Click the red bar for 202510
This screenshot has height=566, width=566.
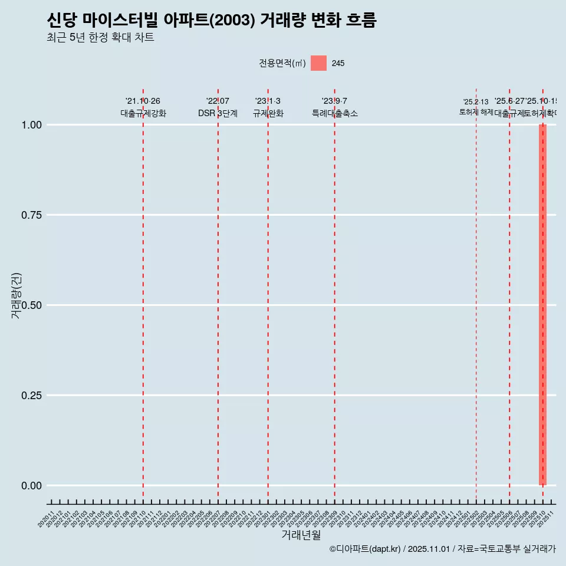[x=542, y=305]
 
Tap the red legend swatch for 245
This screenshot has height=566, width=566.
[x=318, y=63]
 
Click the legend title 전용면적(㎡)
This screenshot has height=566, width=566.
[x=282, y=63]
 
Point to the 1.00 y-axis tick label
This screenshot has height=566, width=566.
[x=31, y=125]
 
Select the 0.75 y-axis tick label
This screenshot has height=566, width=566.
[x=31, y=215]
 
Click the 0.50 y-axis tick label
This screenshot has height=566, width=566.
[x=31, y=305]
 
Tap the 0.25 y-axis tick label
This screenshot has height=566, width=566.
[x=31, y=396]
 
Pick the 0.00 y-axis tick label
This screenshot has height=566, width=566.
[x=31, y=486]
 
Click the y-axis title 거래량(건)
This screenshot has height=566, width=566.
[x=17, y=295]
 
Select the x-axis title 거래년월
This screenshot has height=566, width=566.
[x=301, y=535]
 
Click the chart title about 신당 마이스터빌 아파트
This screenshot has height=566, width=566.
[x=211, y=21]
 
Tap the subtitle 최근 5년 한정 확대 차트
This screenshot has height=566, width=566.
[x=100, y=38]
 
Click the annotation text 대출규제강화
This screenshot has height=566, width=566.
[x=143, y=113]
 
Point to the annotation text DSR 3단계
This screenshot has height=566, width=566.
[x=218, y=113]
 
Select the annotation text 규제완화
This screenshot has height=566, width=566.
[x=268, y=113]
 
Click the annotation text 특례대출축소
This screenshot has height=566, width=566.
[x=335, y=113]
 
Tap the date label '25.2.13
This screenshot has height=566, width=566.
[x=476, y=102]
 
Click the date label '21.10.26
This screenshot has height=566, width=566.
[x=143, y=101]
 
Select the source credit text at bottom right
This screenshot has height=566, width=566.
[x=442, y=549]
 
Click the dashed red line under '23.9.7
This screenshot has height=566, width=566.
[x=335, y=295]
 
